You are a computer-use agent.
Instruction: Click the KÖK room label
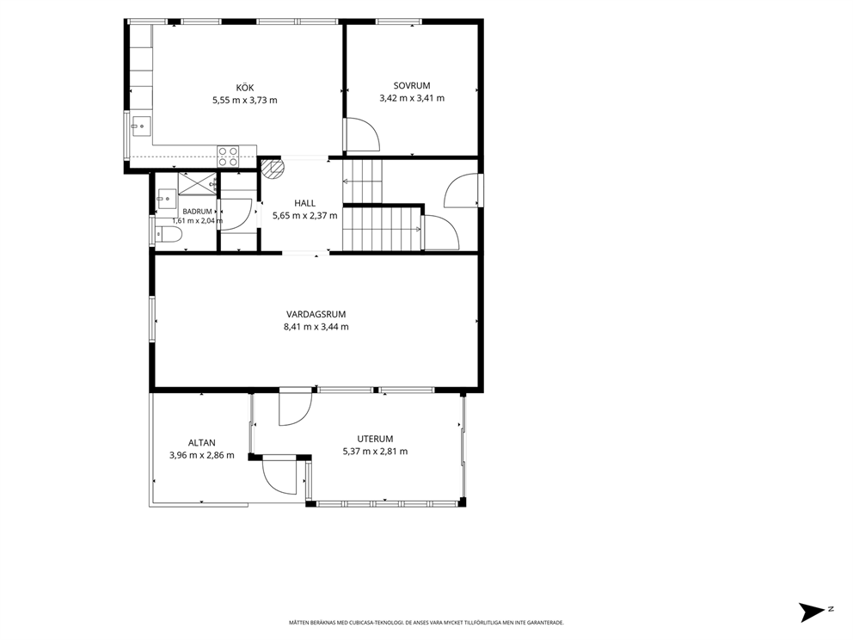coord(245,88)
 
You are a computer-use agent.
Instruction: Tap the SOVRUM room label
coord(412,85)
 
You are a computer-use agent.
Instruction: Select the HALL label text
coord(304,203)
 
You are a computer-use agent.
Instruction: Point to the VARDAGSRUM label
coord(316,314)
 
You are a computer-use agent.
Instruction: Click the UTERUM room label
coord(375,439)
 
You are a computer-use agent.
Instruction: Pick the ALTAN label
coord(202,442)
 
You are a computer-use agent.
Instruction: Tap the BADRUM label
coord(197,211)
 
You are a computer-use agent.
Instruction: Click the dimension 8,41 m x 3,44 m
coord(316,327)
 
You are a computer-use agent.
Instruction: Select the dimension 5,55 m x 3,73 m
coord(245,100)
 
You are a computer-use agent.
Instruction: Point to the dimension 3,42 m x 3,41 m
coord(412,99)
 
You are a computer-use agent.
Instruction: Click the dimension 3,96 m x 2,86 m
coord(202,456)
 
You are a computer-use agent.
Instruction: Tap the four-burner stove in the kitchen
coord(228,157)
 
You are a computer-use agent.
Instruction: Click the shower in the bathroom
coord(197,183)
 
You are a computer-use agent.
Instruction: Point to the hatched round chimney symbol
coord(272,168)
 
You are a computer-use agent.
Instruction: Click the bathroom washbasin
coord(166,199)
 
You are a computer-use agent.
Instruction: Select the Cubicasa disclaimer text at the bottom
coord(426,622)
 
